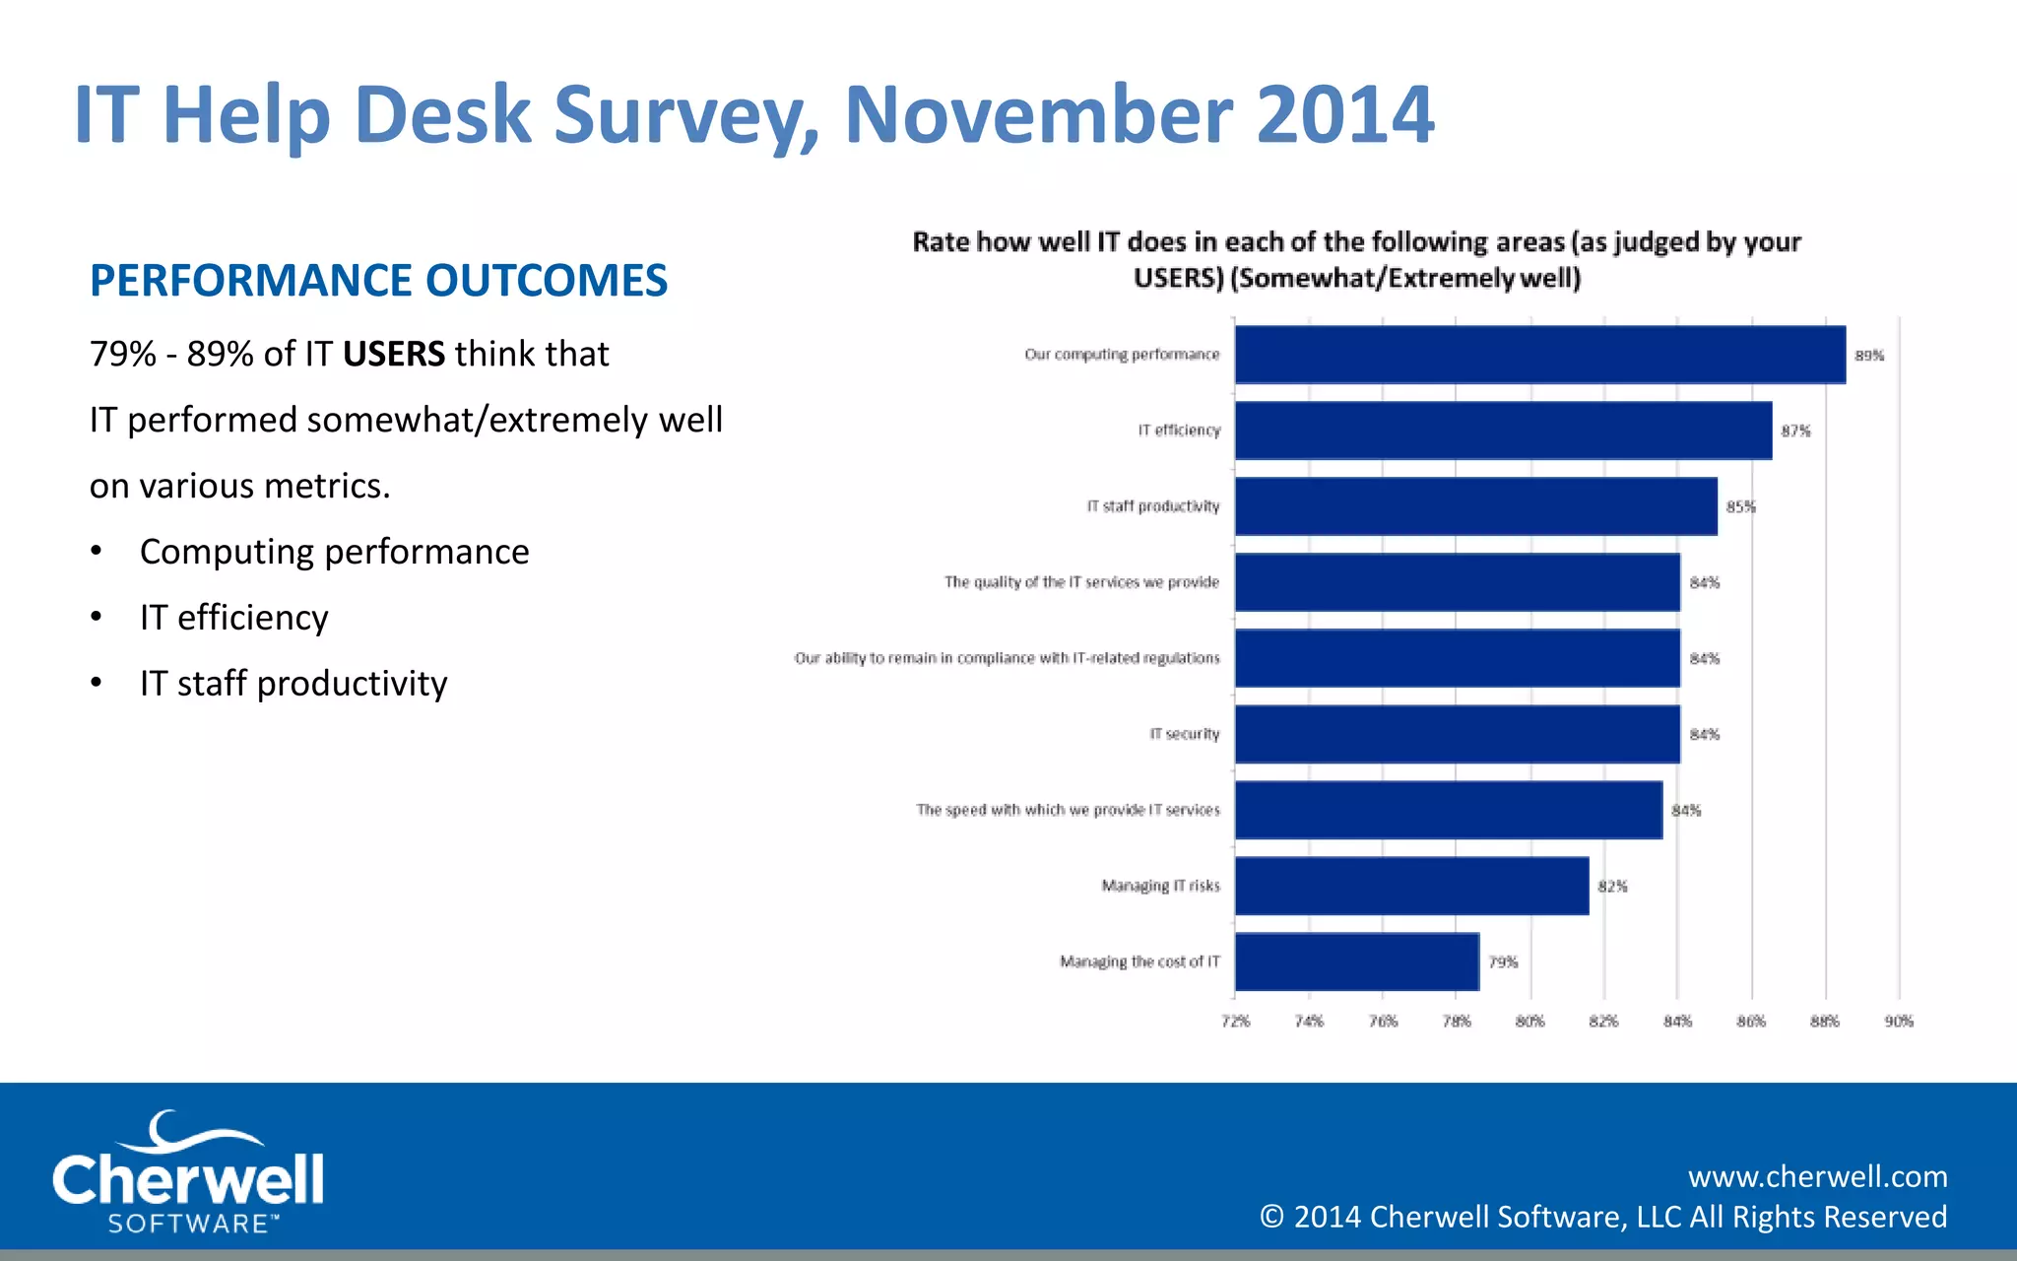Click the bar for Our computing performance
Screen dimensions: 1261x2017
pos(1539,355)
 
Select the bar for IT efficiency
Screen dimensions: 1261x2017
pos(1503,431)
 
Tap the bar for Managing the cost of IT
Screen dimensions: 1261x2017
pos(1356,962)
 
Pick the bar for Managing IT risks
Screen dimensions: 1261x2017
pos(1411,886)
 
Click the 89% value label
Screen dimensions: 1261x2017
pos(1868,356)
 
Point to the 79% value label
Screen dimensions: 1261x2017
pos(1502,962)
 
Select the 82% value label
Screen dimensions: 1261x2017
pos(1612,887)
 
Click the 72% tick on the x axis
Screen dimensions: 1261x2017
pos(1235,1022)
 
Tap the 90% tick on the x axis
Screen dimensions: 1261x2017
pos(1899,1022)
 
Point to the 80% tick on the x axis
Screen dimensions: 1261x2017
pos(1529,1022)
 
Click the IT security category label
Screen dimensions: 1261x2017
pos(1184,734)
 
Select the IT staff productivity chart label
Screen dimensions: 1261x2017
pos(1152,506)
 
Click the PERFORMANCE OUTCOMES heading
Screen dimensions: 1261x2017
pos(378,281)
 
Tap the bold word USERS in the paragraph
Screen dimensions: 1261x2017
pos(394,354)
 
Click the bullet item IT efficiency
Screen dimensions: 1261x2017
pos(233,618)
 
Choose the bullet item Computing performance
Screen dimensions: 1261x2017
pos(334,552)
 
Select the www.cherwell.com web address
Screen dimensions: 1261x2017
pos(1817,1176)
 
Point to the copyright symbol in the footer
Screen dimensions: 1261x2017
pos(1271,1218)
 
